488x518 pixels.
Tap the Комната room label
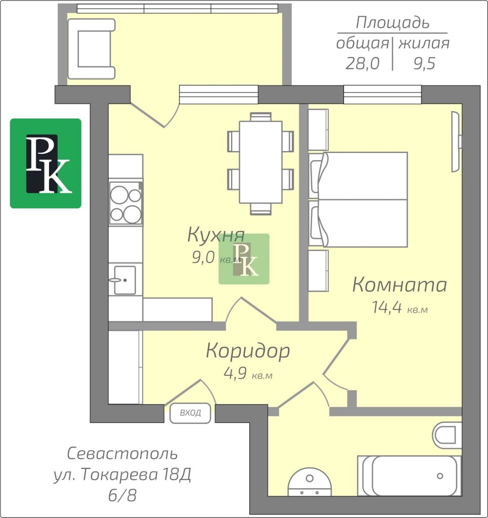tap(400, 285)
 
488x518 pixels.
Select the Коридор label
tap(248, 352)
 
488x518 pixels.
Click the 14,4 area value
tap(387, 307)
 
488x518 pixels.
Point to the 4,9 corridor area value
tap(235, 374)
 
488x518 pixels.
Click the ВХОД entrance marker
tap(190, 413)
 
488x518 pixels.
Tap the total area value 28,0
tap(362, 63)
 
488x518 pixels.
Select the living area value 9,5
tap(425, 63)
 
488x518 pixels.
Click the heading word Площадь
tap(392, 23)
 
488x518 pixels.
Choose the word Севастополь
tap(122, 454)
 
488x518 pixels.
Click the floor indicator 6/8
tap(122, 495)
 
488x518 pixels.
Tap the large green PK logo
tap(46, 163)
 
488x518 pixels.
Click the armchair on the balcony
tap(91, 49)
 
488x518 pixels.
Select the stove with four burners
tap(126, 203)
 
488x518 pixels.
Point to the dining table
tap(260, 162)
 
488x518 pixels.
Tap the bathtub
tap(410, 476)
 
